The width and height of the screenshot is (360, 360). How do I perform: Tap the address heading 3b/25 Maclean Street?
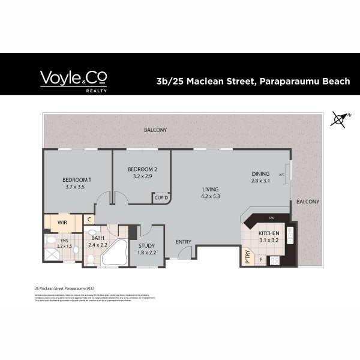(x=253, y=80)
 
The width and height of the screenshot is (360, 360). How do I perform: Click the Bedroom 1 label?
(x=77, y=179)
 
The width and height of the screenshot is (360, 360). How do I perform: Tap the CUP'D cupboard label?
(x=161, y=197)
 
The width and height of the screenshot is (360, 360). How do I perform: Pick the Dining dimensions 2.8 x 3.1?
(x=260, y=181)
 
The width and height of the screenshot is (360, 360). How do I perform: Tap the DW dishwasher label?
(x=271, y=218)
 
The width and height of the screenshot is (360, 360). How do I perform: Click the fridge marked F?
(x=260, y=259)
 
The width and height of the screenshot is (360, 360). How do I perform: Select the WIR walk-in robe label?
(x=62, y=223)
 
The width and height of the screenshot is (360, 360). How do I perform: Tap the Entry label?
(x=183, y=242)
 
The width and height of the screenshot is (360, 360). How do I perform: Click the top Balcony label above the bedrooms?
(x=155, y=130)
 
